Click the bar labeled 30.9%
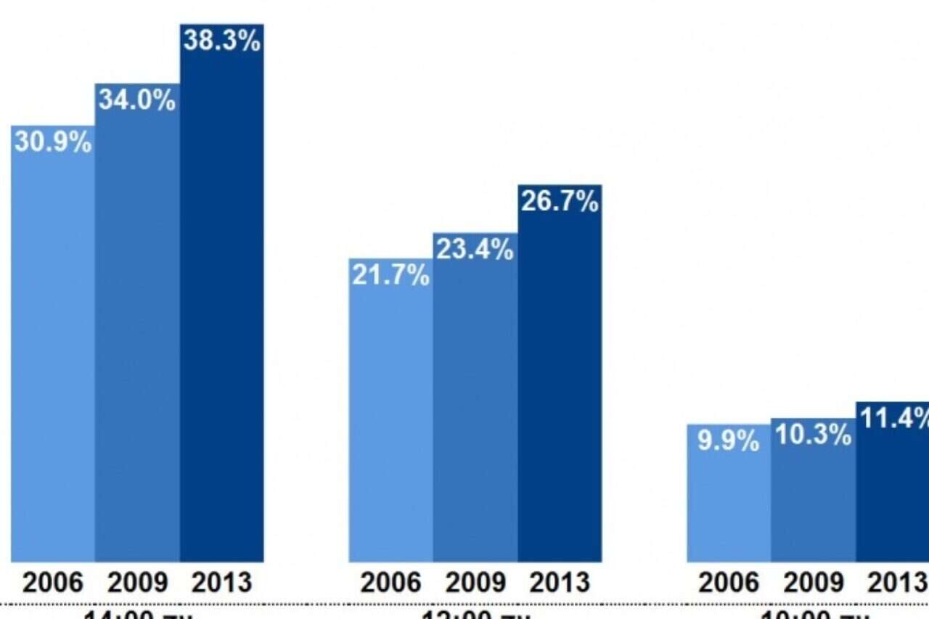[53, 348]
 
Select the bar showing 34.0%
[137, 327]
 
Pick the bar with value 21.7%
[391, 414]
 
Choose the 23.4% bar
[475, 399]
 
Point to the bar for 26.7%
[560, 377]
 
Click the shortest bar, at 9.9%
[729, 501]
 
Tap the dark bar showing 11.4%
[893, 486]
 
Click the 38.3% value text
[222, 41]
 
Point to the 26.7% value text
[560, 202]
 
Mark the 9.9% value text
[729, 440]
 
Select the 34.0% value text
[137, 100]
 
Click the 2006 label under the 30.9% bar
[53, 582]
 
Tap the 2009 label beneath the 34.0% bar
[137, 582]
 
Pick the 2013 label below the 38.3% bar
[222, 582]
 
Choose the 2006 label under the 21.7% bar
[391, 582]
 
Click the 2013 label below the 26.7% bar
[560, 582]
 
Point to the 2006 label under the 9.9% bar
[729, 582]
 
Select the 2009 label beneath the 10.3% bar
[813, 582]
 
